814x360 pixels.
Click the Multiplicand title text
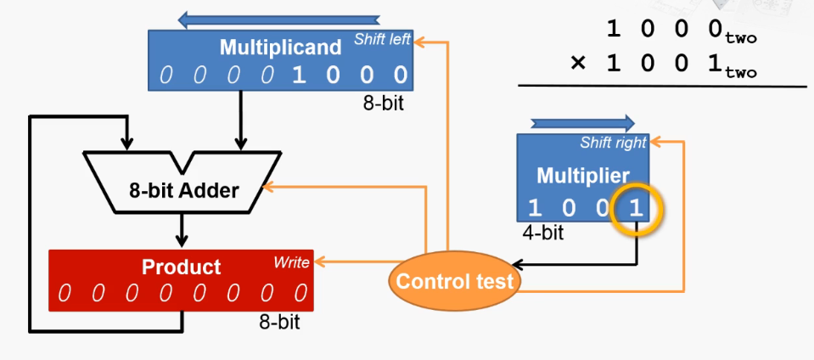(280, 48)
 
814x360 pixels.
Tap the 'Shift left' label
(383, 39)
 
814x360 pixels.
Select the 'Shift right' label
(613, 143)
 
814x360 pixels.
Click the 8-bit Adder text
(184, 191)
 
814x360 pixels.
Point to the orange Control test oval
(454, 281)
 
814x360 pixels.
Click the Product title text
(181, 267)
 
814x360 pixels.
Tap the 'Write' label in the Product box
(291, 262)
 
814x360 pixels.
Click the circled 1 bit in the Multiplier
(636, 209)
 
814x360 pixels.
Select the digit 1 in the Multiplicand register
(298, 76)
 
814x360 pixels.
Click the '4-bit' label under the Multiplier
(543, 233)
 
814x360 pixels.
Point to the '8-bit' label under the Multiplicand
(383, 103)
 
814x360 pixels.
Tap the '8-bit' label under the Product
(280, 322)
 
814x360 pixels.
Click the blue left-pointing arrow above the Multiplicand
(279, 20)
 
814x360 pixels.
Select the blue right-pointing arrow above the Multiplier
(582, 123)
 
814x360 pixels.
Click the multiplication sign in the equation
(578, 64)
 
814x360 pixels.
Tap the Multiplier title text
(583, 176)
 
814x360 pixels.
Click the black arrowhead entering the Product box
(181, 240)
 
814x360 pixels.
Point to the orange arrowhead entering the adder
(269, 187)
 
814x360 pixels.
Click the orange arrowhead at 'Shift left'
(420, 42)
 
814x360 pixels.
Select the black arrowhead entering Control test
(518, 265)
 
